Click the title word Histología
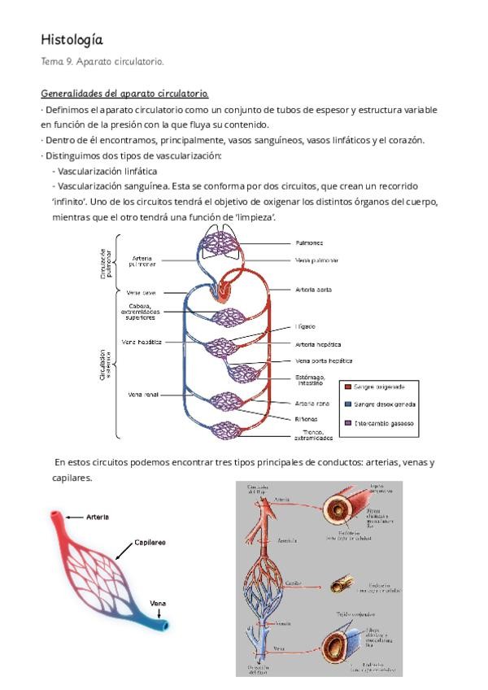(72, 39)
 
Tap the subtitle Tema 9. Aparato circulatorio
(102, 61)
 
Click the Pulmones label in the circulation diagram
(310, 242)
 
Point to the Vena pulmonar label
(316, 260)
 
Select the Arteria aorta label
(313, 290)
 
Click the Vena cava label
(141, 292)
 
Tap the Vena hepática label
(142, 343)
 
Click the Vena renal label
(142, 395)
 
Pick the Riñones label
(306, 417)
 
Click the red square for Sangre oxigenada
(349, 386)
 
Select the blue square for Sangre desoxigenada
(349, 404)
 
